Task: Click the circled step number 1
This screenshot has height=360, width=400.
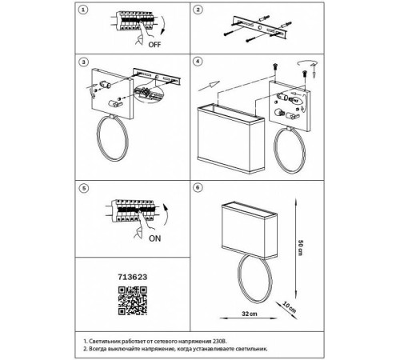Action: pyautogui.click(x=83, y=10)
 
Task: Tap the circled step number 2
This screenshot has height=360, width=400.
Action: pyautogui.click(x=198, y=10)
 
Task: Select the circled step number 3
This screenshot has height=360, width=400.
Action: pyautogui.click(x=84, y=62)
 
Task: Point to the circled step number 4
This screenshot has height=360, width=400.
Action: pyautogui.click(x=198, y=62)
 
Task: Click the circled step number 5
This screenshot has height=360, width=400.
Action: pyautogui.click(x=84, y=188)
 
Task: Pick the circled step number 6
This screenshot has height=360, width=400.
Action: pyautogui.click(x=198, y=187)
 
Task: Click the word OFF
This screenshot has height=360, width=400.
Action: pyautogui.click(x=154, y=45)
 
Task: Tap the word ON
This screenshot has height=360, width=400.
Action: pyautogui.click(x=155, y=238)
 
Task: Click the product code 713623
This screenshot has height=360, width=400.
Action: pyautogui.click(x=133, y=277)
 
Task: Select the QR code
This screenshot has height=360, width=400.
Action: pyautogui.click(x=133, y=301)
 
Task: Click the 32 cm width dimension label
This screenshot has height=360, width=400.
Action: pyautogui.click(x=250, y=314)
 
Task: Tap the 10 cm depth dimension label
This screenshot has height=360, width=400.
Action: pyautogui.click(x=290, y=307)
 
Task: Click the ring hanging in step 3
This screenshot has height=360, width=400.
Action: pyautogui.click(x=97, y=138)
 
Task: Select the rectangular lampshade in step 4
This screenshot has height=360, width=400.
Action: pyautogui.click(x=231, y=139)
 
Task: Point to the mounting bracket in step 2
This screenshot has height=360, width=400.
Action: pyautogui.click(x=259, y=27)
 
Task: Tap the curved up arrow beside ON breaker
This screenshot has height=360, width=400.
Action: pyautogui.click(x=166, y=218)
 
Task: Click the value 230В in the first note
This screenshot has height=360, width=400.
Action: pyautogui.click(x=220, y=341)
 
